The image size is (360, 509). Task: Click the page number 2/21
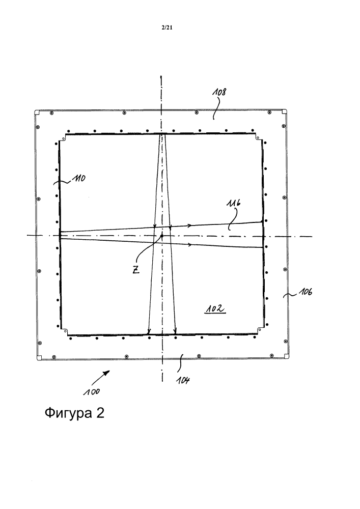167,28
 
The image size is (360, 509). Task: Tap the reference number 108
219,92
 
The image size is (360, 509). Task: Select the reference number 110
79,178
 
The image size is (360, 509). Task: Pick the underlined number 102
214,309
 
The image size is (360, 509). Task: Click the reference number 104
183,380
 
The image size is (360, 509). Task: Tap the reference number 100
92,392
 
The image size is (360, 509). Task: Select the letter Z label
136,270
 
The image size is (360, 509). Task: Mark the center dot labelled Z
161,236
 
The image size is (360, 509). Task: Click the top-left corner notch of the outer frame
37,112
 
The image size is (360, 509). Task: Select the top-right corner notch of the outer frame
284,111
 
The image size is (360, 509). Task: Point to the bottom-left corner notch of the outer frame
39,358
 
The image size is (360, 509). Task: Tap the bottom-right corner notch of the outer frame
286,356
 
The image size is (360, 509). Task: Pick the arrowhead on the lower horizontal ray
189,244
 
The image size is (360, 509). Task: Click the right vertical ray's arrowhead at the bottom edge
175,331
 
